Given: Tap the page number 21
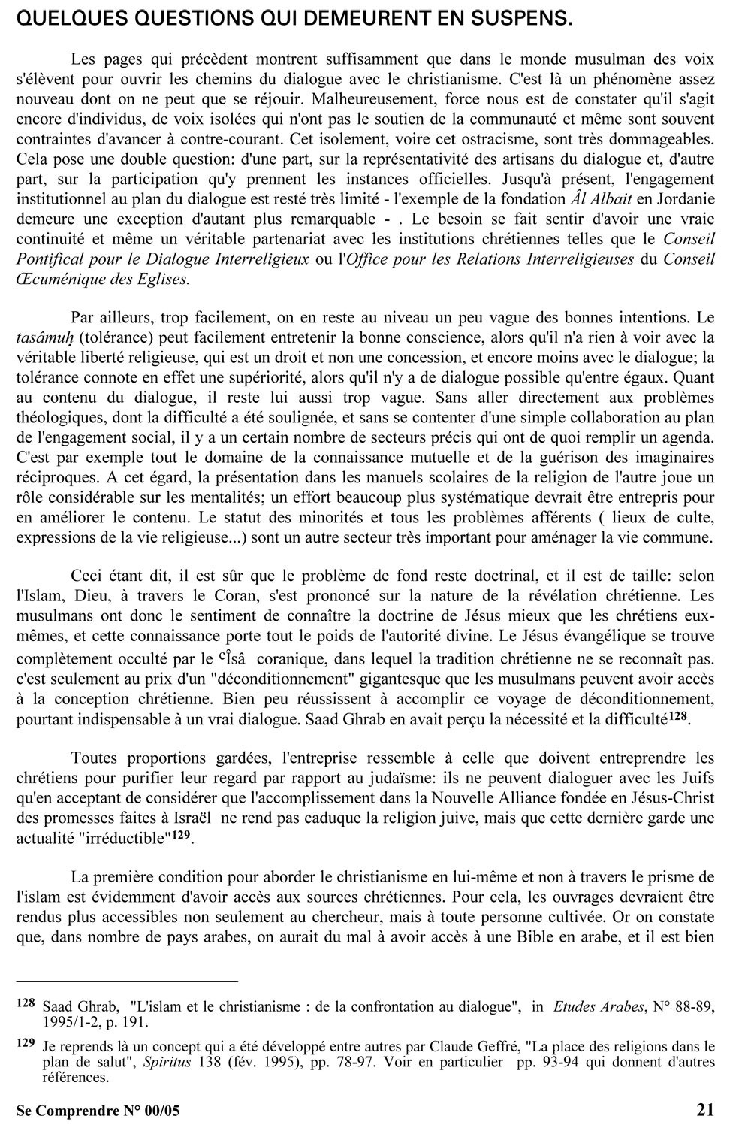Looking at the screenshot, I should tap(706, 1109).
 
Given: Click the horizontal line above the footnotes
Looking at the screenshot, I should tap(126, 981).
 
